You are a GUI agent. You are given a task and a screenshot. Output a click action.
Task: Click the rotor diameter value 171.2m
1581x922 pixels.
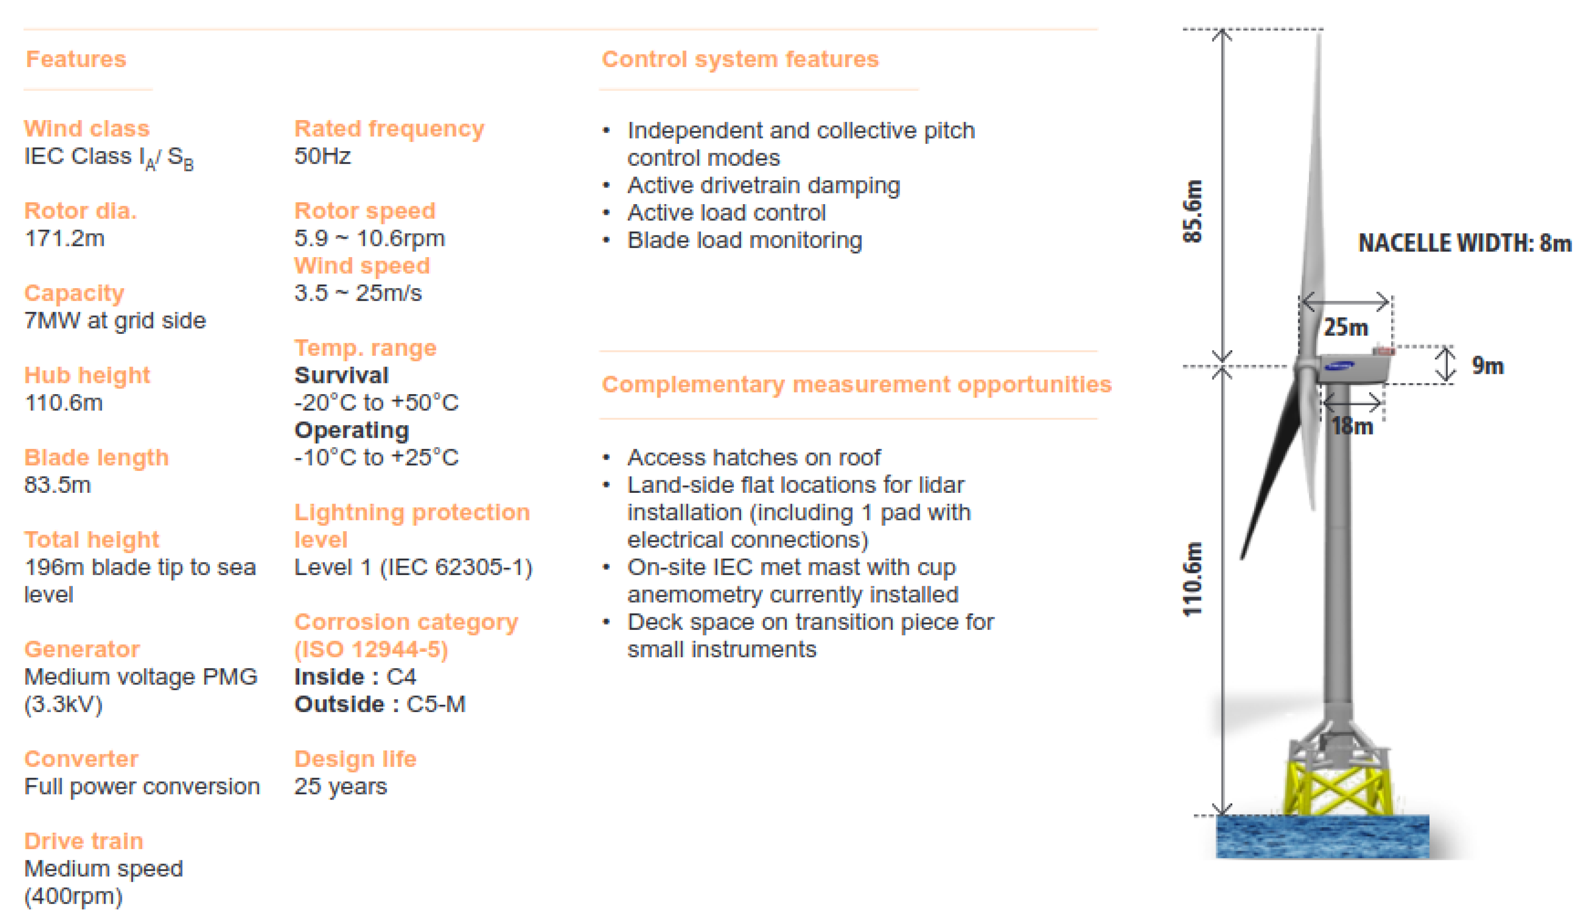point(65,239)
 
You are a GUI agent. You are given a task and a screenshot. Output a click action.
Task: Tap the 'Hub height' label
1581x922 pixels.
point(87,375)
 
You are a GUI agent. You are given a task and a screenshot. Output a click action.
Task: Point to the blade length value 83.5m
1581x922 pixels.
point(58,485)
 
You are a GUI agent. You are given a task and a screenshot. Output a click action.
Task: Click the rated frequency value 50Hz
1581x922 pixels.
point(323,157)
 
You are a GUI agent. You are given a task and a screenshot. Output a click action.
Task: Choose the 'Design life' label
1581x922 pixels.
point(355,760)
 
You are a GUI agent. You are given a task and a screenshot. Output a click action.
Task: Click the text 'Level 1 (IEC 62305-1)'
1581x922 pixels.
point(413,568)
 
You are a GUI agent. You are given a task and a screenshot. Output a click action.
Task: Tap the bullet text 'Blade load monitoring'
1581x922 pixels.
point(745,241)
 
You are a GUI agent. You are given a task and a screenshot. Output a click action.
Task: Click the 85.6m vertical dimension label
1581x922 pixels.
point(1192,211)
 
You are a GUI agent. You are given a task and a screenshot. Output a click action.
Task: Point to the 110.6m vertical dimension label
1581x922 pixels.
point(1192,579)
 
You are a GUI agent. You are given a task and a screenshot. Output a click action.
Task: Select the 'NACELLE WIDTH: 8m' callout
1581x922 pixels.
point(1465,243)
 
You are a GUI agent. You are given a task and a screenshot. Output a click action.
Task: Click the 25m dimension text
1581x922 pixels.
point(1346,327)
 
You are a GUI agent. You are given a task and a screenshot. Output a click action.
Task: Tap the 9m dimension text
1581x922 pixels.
point(1488,365)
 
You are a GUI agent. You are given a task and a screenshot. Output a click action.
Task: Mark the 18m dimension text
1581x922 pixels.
point(1353,427)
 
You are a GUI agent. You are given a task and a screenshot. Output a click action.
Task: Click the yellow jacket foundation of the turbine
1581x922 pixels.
point(1338,788)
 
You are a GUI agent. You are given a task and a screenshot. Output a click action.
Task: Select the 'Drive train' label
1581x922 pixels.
point(84,842)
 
